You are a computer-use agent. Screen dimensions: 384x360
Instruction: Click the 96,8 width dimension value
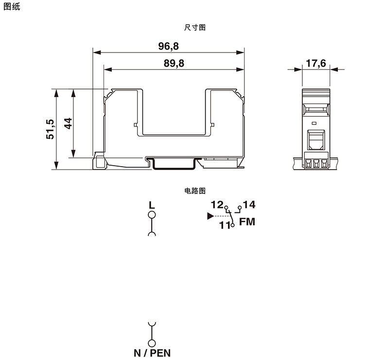[169, 46]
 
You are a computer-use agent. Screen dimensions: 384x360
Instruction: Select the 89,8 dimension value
[174, 63]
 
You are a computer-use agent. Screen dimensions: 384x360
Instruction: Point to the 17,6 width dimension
[316, 63]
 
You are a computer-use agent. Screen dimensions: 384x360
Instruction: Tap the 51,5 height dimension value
[50, 129]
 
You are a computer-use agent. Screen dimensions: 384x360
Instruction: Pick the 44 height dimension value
[68, 123]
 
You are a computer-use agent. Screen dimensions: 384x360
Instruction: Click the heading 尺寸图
[195, 27]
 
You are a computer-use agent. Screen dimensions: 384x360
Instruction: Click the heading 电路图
[195, 190]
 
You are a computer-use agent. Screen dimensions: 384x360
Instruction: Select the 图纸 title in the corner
[12, 7]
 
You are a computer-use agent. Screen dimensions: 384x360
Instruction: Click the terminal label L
[152, 205]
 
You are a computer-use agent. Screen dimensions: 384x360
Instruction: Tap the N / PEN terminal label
[152, 353]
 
